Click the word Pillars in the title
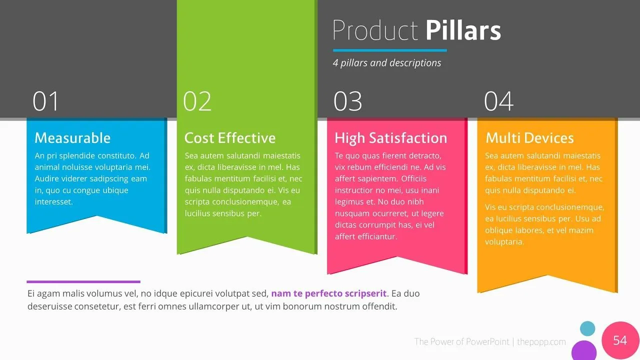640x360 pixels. pyautogui.click(x=463, y=31)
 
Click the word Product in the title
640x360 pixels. pyautogui.click(x=375, y=31)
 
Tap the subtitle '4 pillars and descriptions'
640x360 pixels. pyautogui.click(x=387, y=63)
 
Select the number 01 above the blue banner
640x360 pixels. pyautogui.click(x=46, y=101)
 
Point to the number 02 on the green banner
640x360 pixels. pyautogui.click(x=197, y=101)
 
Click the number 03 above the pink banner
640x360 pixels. pyautogui.click(x=347, y=101)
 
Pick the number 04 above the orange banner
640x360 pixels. pyautogui.click(x=498, y=101)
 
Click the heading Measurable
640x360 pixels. pyautogui.click(x=72, y=138)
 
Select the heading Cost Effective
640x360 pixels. pyautogui.click(x=230, y=138)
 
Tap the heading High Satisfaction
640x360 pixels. pyautogui.click(x=390, y=138)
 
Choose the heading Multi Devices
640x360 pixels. pyautogui.click(x=529, y=138)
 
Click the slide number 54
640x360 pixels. pyautogui.click(x=620, y=340)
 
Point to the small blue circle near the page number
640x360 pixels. pyautogui.click(x=587, y=328)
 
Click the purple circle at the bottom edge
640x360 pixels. pyautogui.click(x=584, y=351)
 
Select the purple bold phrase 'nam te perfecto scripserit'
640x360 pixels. pyautogui.click(x=329, y=294)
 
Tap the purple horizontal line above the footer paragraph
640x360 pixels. pyautogui.click(x=83, y=281)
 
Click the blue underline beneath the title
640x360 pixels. pyautogui.click(x=389, y=50)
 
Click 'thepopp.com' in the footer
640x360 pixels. pyautogui.click(x=541, y=342)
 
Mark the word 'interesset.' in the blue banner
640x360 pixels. pyautogui.click(x=54, y=202)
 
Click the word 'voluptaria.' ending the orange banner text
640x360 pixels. pyautogui.click(x=504, y=242)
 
